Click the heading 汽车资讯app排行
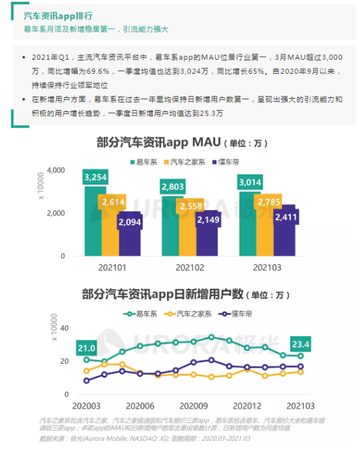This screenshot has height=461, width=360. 58,15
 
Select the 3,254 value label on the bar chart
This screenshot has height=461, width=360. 95,177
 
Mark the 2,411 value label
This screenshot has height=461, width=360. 285,217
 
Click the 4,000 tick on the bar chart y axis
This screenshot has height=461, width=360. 56,170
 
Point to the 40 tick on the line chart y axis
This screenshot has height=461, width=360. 65,328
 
